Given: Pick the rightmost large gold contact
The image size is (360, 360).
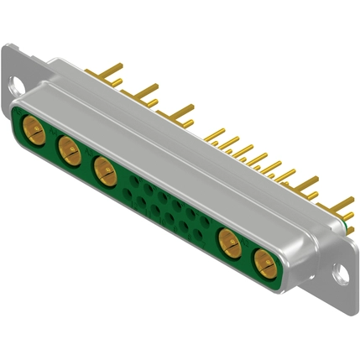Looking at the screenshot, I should pyautogui.click(x=264, y=266).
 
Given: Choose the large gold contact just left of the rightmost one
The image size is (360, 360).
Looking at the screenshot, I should pyautogui.click(x=229, y=245).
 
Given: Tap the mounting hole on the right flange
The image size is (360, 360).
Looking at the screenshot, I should pyautogui.click(x=341, y=273).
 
